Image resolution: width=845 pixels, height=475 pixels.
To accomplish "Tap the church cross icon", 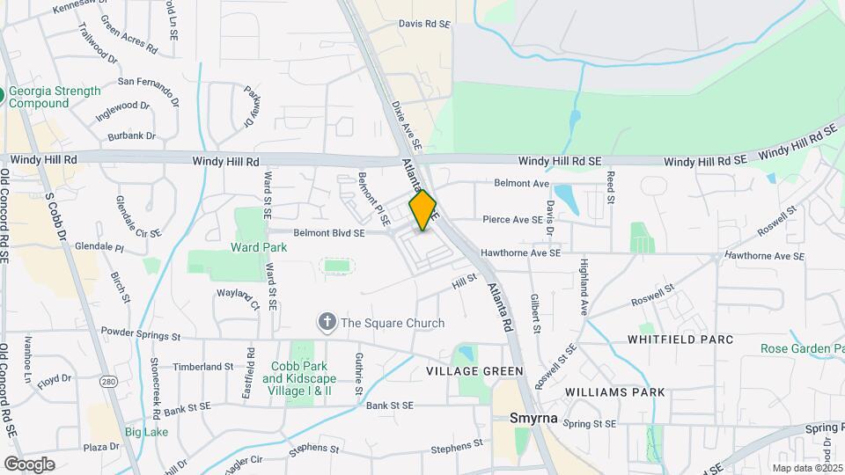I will [x=327, y=323].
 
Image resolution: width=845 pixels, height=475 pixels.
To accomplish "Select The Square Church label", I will [x=393, y=323].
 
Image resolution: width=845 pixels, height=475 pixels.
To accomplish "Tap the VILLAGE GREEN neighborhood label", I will [x=474, y=371].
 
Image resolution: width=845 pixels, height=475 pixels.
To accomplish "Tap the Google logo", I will [x=29, y=464].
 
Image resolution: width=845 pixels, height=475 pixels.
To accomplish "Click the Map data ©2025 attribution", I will [x=806, y=468].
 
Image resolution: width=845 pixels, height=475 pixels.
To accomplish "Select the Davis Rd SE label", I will [x=424, y=25].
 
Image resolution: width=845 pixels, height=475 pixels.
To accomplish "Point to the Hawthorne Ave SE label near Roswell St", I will [x=764, y=256].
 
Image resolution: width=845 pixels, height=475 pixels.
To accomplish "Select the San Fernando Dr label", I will [x=148, y=83].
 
